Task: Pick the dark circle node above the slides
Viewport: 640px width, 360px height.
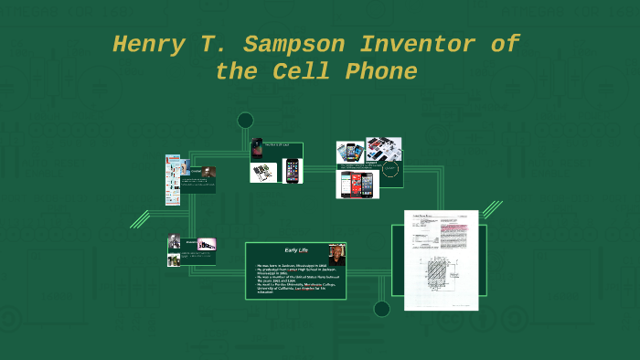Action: point(245,120)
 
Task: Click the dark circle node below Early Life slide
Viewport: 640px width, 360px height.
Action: point(381,309)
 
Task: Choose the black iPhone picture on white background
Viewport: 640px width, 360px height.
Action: point(292,171)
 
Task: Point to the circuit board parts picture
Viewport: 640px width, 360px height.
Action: point(264,172)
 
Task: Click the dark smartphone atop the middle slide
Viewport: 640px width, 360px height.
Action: point(257,149)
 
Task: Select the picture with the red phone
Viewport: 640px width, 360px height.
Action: point(351,185)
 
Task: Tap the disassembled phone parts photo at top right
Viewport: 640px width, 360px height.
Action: point(384,150)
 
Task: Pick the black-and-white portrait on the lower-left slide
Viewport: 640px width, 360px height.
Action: point(174,243)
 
